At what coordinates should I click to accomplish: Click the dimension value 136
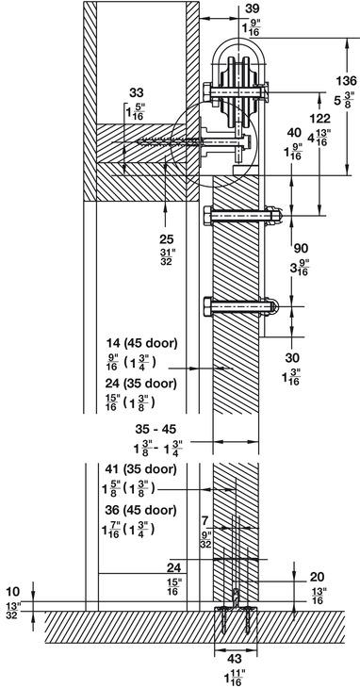(x=347, y=81)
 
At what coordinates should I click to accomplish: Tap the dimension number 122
(x=319, y=119)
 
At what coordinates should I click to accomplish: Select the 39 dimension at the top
(x=253, y=8)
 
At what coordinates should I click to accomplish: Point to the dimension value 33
(x=137, y=92)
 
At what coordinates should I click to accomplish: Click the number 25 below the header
(x=167, y=239)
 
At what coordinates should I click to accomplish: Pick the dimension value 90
(x=300, y=249)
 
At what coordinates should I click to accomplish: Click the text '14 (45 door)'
(x=141, y=344)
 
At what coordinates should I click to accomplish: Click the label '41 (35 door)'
(x=140, y=469)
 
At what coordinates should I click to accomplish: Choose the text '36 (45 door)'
(x=140, y=510)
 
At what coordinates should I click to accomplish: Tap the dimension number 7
(x=205, y=521)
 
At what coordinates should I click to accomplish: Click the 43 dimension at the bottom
(x=235, y=659)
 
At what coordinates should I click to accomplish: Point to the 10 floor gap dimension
(x=13, y=592)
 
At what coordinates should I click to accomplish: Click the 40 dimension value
(x=294, y=133)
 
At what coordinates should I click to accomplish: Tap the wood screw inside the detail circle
(x=170, y=141)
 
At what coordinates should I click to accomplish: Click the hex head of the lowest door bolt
(x=208, y=306)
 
